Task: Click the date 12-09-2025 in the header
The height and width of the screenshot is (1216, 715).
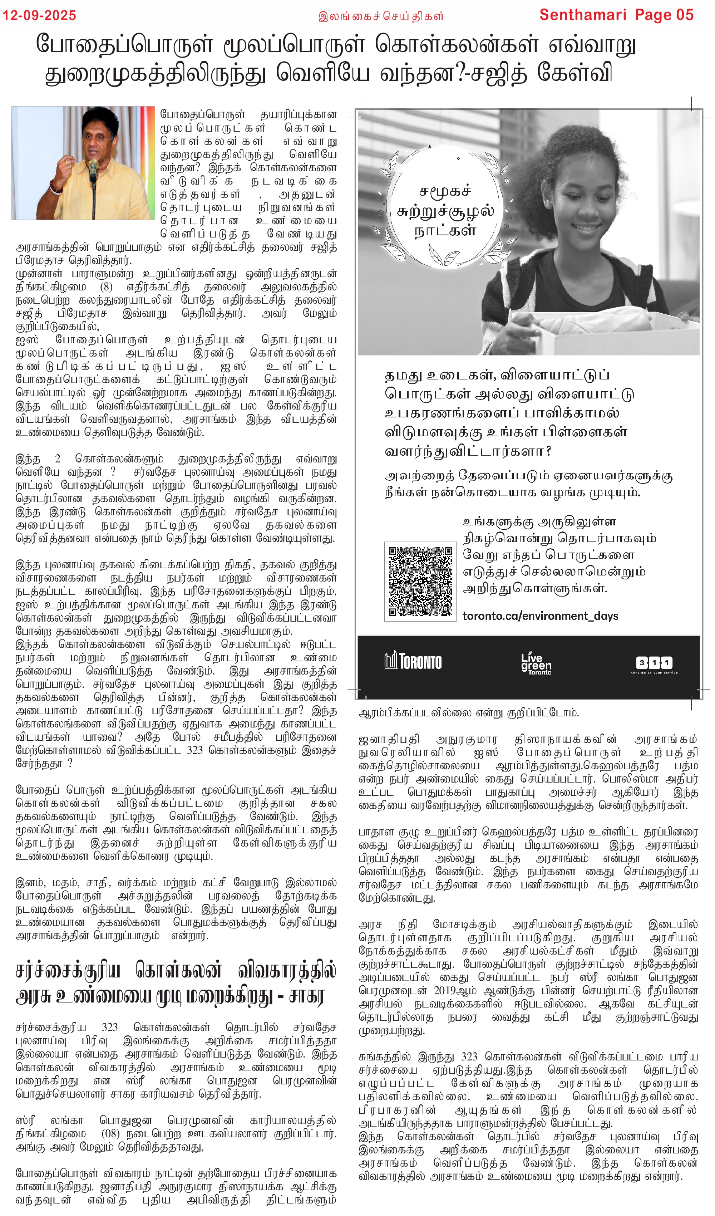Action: pos(39,15)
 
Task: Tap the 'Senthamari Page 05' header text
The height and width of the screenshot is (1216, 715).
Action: pos(616,15)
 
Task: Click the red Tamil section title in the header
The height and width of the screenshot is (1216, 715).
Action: pos(381,16)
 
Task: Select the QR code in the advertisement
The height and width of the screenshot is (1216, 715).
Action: pos(420,581)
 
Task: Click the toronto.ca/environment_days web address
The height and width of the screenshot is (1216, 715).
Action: pos(540,616)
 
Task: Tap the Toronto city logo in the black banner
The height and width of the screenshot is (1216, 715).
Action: pos(413,661)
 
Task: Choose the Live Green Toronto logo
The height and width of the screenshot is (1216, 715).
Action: pos(536,663)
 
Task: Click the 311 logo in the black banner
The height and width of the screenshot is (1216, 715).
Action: pos(654,663)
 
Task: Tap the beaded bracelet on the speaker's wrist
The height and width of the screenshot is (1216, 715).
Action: pos(55,187)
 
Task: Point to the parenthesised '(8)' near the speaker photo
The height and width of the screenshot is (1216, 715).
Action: pos(106,286)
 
